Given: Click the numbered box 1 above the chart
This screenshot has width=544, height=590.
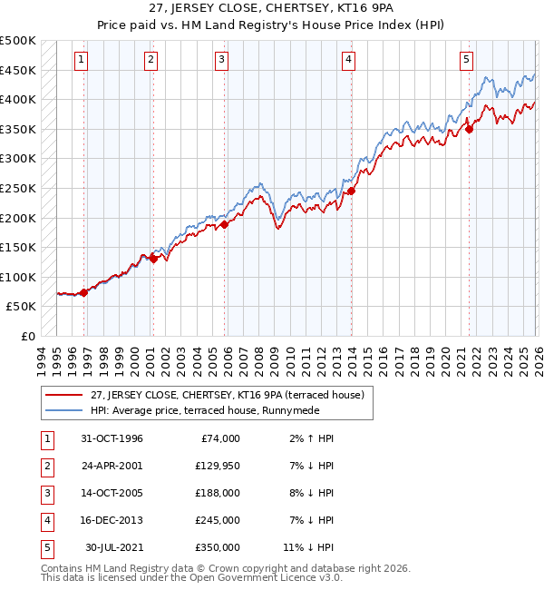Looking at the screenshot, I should pos(82,60).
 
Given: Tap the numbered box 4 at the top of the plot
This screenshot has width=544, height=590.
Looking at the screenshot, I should pos(348,60).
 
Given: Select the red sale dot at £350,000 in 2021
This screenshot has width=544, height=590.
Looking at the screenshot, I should pos(470,130).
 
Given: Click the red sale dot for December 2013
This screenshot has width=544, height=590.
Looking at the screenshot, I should pos(351,192).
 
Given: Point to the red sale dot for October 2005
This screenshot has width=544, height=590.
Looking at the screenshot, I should pos(224,225).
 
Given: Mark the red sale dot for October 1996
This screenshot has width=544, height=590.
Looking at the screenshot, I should pos(83,292).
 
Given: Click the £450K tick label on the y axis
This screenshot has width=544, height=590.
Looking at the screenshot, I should pos(18,70).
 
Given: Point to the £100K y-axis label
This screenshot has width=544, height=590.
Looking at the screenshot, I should pos(18,277).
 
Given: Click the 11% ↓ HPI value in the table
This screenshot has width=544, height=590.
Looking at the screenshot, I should pos(308,546).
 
